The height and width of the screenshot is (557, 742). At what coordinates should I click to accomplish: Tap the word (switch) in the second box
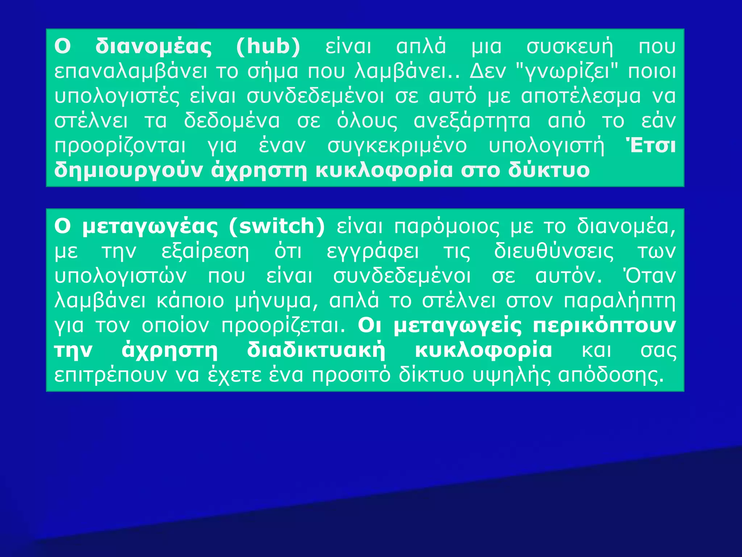click(277, 227)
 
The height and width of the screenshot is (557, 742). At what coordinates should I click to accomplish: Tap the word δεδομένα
click(232, 121)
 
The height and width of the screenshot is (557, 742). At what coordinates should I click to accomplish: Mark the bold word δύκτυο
click(549, 170)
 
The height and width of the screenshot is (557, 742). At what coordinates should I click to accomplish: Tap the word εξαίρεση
click(205, 252)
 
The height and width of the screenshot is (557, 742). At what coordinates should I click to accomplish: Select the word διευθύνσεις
click(554, 252)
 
